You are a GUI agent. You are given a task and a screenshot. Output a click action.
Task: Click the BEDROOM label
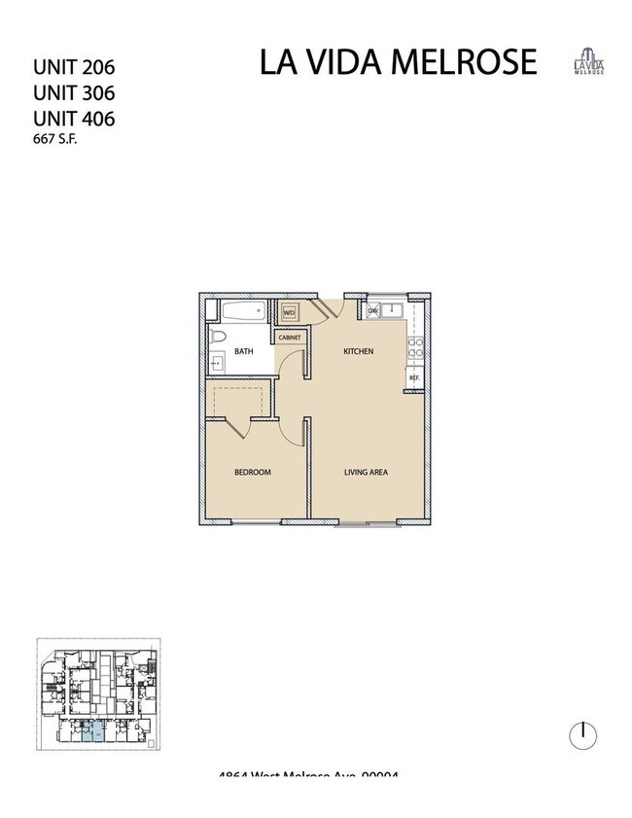252,473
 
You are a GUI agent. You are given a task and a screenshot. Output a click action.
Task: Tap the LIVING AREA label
367,473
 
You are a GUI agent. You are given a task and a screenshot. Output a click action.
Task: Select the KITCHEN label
359,351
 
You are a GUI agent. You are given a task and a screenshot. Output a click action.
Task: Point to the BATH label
244,352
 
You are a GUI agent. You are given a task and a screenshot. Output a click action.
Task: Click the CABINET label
290,337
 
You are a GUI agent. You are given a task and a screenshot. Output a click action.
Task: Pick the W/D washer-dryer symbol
289,313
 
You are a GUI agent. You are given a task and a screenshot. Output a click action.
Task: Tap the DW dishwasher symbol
372,312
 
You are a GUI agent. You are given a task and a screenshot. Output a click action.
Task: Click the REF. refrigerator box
414,377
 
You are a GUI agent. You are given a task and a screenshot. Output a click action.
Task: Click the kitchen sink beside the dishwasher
393,311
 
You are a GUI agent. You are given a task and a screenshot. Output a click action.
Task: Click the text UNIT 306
74,94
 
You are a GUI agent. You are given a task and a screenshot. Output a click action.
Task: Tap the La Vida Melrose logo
588,61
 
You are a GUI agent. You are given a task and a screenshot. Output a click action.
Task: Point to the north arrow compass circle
582,735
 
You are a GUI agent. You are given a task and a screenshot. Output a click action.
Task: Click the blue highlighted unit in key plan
89,733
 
